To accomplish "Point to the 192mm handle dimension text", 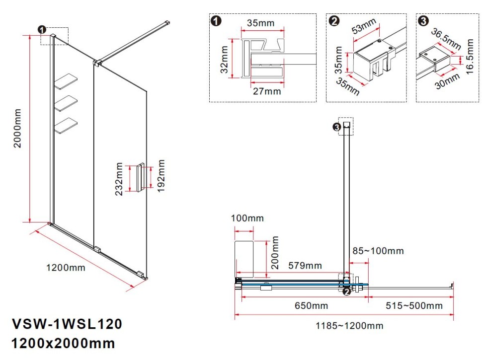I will click(x=160, y=178).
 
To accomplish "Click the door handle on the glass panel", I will click(x=142, y=178).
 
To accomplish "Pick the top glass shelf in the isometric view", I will click(x=67, y=81).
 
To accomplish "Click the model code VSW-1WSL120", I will click(x=66, y=325).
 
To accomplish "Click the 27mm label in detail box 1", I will click(x=267, y=91).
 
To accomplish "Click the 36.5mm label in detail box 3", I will click(x=445, y=39).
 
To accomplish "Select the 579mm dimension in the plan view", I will click(x=306, y=266).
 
